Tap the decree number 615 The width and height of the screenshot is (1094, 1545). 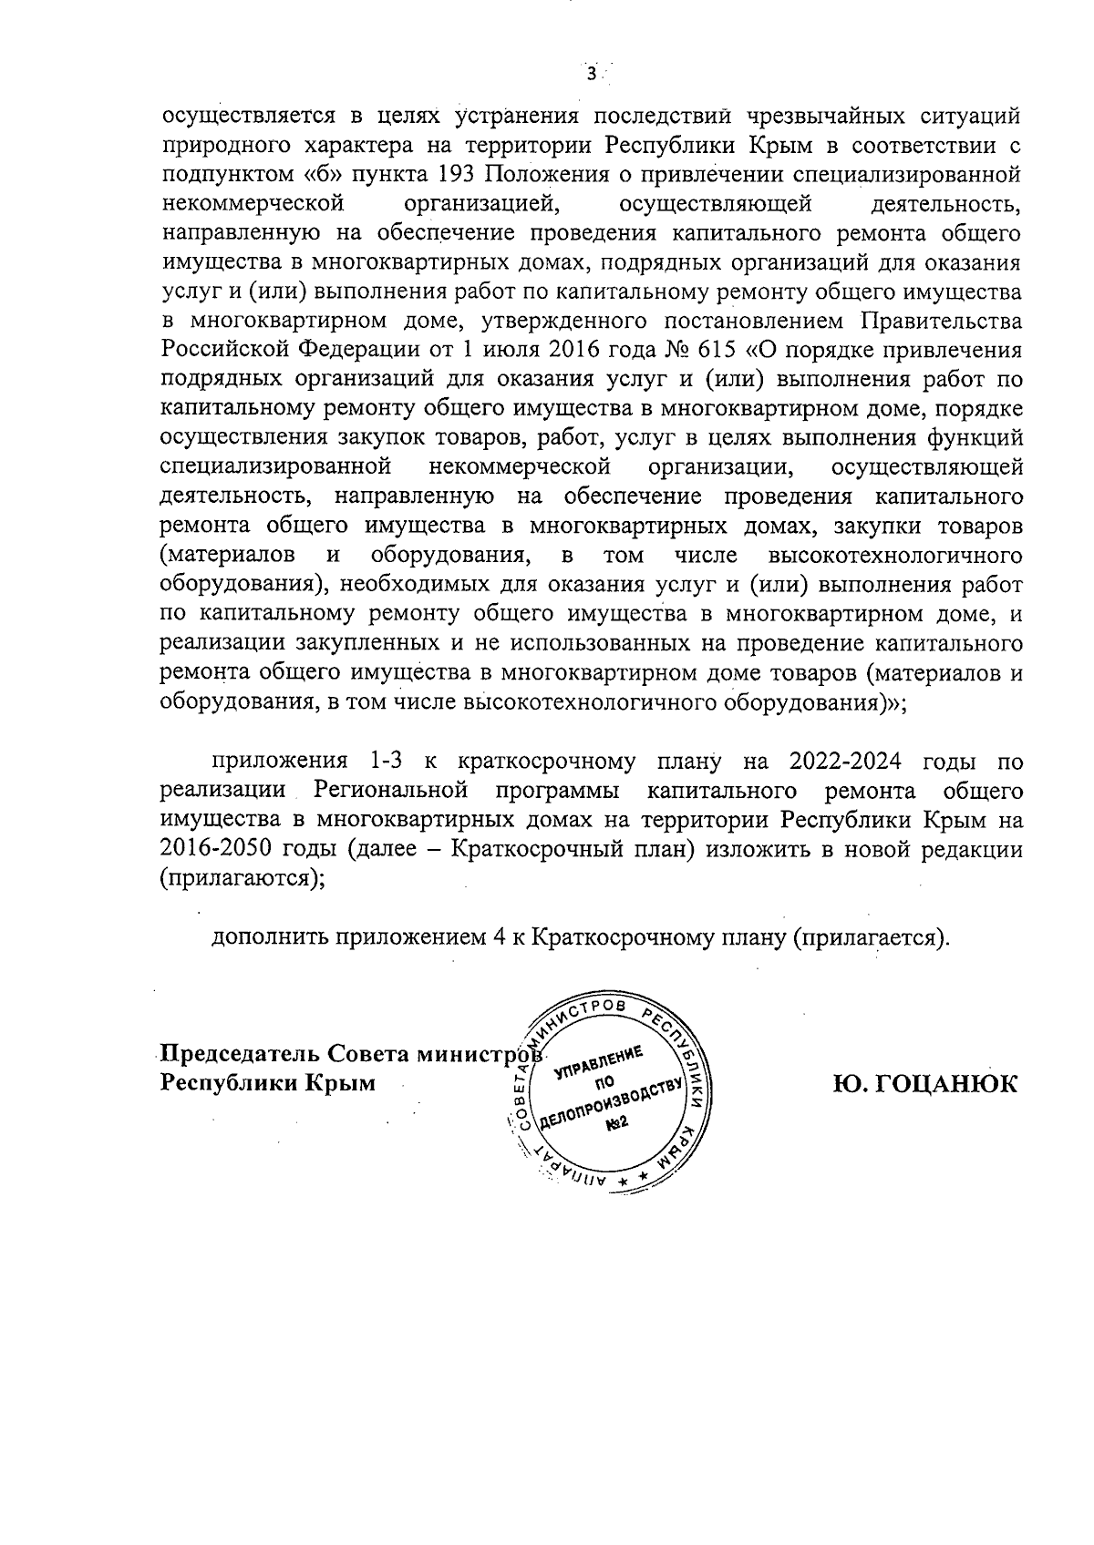coord(709,350)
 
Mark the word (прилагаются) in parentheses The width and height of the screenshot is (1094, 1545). coord(243,878)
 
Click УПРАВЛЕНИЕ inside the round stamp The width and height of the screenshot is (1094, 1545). coord(599,1061)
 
